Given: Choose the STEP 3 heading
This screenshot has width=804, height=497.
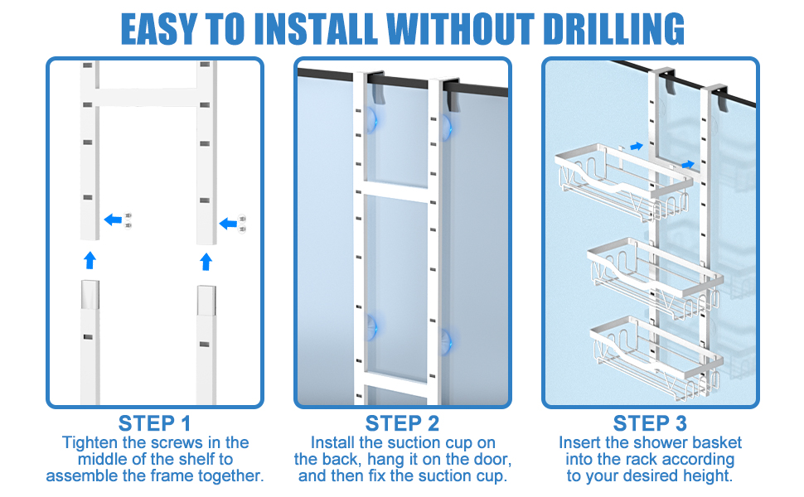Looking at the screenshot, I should click(x=651, y=423).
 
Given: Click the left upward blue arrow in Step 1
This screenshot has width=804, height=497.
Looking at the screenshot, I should click(x=90, y=260).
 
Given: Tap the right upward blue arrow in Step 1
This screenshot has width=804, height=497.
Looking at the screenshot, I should click(x=206, y=262).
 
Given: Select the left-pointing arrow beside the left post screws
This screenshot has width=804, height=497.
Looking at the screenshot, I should click(x=113, y=220).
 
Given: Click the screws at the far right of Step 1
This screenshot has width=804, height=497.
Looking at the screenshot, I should click(x=242, y=222).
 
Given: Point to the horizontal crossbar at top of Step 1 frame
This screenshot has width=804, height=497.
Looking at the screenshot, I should click(x=148, y=96).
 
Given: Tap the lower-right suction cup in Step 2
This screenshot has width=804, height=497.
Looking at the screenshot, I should click(x=447, y=339).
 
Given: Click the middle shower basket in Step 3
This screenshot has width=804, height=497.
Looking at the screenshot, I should click(x=655, y=267).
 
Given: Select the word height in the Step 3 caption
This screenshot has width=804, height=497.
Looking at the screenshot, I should click(x=708, y=475).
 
